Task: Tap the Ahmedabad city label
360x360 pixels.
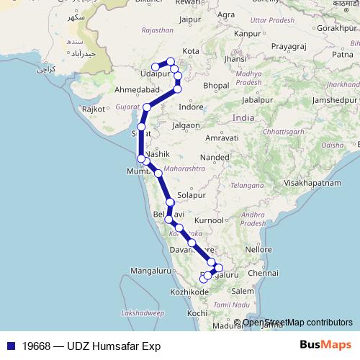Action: pyautogui.click(x=137, y=90)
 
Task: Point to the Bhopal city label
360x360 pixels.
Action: pyautogui.click(x=217, y=85)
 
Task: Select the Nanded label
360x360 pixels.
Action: pyautogui.click(x=215, y=156)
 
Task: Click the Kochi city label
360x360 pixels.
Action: pyautogui.click(x=191, y=314)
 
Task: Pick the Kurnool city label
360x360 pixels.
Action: pyautogui.click(x=210, y=220)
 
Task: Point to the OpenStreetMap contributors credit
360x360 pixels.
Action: pyautogui.click(x=297, y=323)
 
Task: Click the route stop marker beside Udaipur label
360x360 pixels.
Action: pyautogui.click(x=155, y=67)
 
